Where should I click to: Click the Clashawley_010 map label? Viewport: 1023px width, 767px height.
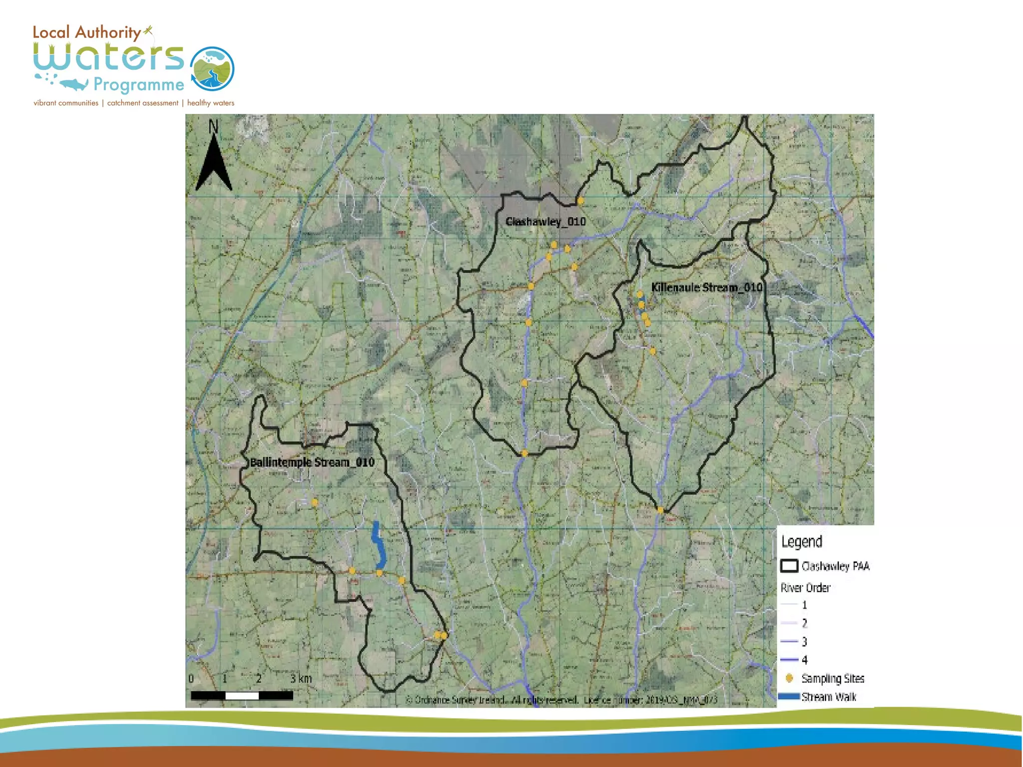point(545,222)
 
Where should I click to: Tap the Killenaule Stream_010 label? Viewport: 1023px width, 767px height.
point(706,288)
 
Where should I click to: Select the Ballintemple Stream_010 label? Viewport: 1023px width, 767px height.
point(312,462)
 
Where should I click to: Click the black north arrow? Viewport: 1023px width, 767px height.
point(214,162)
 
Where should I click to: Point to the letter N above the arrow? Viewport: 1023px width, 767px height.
point(213,126)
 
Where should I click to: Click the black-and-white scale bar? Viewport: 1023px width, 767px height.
point(242,695)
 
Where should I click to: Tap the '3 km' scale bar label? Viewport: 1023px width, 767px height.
point(301,679)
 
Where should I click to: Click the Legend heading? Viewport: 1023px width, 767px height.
point(802,542)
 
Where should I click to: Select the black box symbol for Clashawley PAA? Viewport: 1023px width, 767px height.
point(789,566)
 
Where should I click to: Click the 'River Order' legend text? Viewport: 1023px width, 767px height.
point(805,588)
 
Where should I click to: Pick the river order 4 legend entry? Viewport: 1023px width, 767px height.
point(794,660)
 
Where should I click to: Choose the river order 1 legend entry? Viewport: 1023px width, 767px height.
point(794,605)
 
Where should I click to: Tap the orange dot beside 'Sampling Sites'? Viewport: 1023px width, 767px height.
point(789,678)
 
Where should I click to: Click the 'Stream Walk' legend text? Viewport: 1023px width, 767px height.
point(829,697)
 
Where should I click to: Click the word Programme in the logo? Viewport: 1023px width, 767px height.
point(139,84)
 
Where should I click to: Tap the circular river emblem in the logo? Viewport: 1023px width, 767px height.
point(212,69)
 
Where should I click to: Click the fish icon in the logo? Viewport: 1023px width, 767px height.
point(74,84)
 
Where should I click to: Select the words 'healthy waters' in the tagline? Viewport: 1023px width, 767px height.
point(210,103)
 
